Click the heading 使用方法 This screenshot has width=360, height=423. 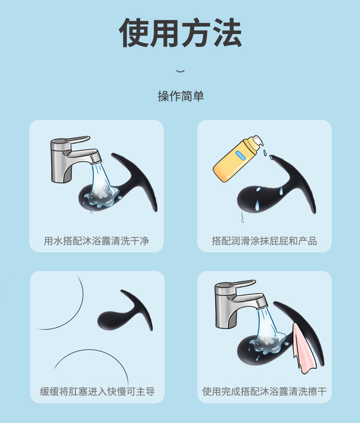point(180,33)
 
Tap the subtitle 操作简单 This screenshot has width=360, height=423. point(180,96)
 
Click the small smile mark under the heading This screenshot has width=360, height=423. point(180,71)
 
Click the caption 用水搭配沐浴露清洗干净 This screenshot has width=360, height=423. point(96,241)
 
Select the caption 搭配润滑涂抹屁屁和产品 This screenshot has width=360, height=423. point(264,241)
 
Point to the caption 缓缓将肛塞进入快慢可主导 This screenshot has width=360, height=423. point(97,391)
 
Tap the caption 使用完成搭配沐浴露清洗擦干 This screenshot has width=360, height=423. point(264,391)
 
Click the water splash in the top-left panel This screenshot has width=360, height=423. point(102,198)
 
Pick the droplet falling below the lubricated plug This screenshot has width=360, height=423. point(242,217)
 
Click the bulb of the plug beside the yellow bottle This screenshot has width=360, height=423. point(254,198)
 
